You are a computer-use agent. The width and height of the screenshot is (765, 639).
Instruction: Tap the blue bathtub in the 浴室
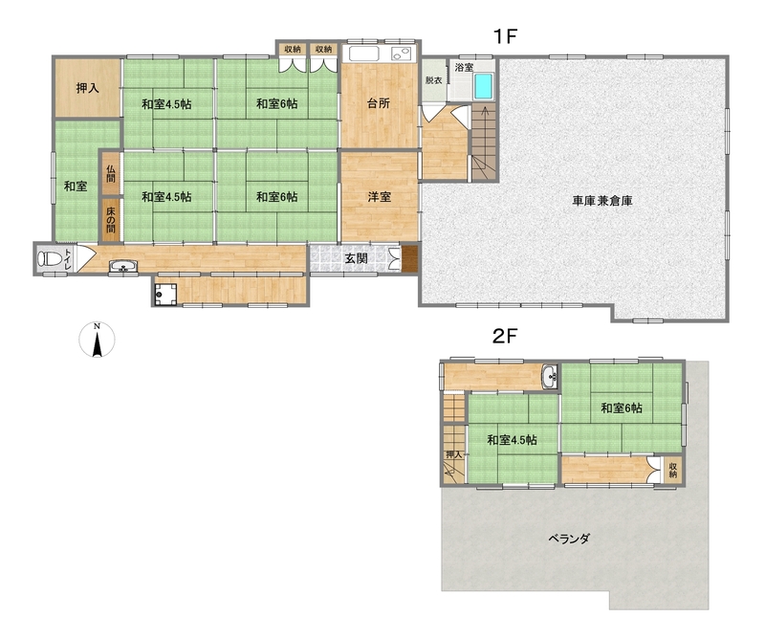tap(484, 86)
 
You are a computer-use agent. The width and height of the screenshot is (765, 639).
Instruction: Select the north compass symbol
tap(98, 340)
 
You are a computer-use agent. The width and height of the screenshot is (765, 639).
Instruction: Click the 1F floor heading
tap(505, 36)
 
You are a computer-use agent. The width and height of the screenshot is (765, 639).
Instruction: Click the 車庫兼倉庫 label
tap(602, 201)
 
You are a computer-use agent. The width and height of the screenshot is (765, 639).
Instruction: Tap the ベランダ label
tap(569, 539)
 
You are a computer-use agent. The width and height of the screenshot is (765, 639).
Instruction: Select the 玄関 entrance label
tap(356, 258)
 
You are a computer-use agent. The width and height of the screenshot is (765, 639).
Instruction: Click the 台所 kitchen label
tap(379, 103)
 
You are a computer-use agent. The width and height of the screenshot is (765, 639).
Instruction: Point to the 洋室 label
tap(379, 197)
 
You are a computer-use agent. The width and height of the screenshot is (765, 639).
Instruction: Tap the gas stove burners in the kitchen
tap(402, 54)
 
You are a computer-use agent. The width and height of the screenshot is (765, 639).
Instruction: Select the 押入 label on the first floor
tap(88, 88)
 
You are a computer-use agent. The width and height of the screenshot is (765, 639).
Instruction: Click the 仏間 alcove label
tap(111, 174)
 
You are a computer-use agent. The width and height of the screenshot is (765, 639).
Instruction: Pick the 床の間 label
tap(111, 220)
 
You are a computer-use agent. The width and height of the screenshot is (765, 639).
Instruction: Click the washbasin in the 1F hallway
tap(123, 267)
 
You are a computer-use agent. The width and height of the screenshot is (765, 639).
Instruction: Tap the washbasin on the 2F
tap(551, 376)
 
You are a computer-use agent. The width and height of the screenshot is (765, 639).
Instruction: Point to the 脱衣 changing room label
tap(433, 80)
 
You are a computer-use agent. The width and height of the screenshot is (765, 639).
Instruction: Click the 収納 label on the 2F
tap(673, 470)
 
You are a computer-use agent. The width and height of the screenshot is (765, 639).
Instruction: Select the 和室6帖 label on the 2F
tap(621, 408)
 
